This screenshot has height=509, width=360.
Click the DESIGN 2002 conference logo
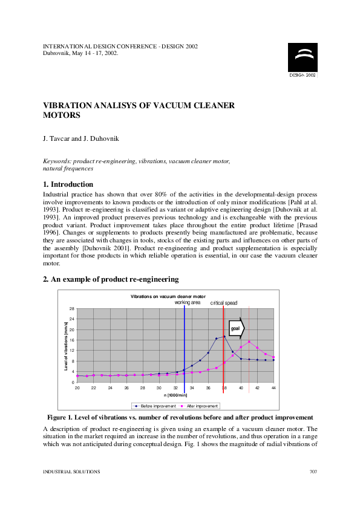point(302,60)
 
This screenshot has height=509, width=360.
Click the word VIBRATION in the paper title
point(70,105)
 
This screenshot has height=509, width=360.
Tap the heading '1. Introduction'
point(68,184)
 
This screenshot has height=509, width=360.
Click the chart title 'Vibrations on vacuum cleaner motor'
point(168,297)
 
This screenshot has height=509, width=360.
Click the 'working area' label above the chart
point(188,302)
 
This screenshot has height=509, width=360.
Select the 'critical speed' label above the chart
point(224,302)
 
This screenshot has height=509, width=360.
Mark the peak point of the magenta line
point(249,342)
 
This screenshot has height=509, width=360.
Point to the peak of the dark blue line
point(224,337)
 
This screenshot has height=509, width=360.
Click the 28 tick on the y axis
point(72,309)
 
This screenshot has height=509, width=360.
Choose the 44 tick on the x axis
point(274,387)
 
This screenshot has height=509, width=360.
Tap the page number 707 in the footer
point(313,471)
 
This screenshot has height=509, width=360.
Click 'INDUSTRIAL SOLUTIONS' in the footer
point(71,471)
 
